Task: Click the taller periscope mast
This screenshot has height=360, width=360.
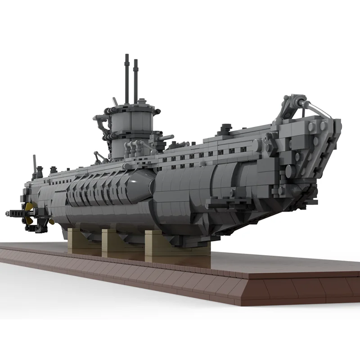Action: pyautogui.click(x=127, y=79)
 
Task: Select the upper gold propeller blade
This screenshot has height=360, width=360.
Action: pyautogui.click(x=29, y=207)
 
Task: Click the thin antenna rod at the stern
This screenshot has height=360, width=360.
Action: pyautogui.click(x=34, y=162)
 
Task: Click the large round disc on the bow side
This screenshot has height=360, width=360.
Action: pyautogui.click(x=290, y=171)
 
